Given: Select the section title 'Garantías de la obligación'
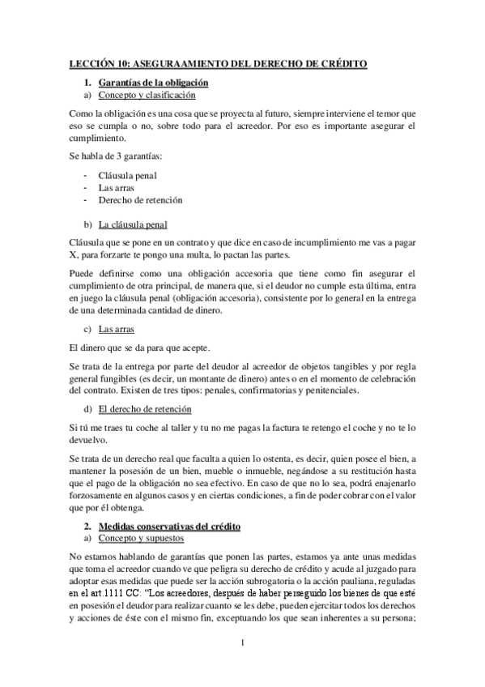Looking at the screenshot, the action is pyautogui.click(x=153, y=83).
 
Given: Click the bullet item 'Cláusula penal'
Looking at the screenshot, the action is pyautogui.click(x=127, y=175).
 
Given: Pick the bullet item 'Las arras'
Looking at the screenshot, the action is pyautogui.click(x=117, y=187).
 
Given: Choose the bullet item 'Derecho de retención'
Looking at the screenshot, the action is pyautogui.click(x=140, y=199).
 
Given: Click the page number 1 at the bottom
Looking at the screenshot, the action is pyautogui.click(x=243, y=643).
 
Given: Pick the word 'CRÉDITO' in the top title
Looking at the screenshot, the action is pyautogui.click(x=341, y=63).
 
